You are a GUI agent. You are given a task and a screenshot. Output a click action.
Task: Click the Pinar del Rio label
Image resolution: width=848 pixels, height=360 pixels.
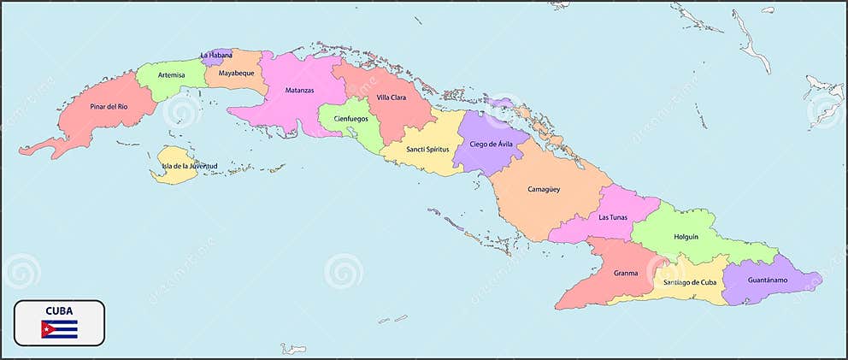point(109,107)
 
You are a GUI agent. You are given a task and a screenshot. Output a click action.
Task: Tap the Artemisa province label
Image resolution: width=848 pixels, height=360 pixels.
point(171,74)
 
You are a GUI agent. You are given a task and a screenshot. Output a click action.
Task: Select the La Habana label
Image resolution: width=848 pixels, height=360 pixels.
point(215,56)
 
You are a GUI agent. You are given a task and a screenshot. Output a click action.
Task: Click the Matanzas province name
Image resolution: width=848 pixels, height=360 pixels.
point(299,90)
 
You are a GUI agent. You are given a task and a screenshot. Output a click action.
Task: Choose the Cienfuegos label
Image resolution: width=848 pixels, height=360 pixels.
point(350,119)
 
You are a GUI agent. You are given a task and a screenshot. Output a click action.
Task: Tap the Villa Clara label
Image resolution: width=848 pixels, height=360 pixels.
point(392,97)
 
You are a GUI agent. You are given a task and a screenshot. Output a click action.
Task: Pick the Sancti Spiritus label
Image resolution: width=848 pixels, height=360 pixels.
point(427,150)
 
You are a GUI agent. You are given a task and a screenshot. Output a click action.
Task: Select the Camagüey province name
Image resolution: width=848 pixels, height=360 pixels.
point(544,189)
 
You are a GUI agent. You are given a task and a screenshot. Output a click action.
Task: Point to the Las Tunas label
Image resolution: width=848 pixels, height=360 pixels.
point(613,217)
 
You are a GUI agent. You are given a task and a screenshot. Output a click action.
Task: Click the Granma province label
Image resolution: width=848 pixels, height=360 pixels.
point(626,274)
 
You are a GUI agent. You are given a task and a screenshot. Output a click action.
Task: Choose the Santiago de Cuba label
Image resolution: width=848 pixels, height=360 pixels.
point(690,282)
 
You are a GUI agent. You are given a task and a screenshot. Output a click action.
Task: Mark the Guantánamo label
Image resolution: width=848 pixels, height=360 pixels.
point(767,280)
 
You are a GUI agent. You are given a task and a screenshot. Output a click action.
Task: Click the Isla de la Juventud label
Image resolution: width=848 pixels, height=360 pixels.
point(189,165)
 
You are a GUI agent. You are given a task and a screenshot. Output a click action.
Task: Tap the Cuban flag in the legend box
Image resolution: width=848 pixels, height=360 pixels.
point(59,328)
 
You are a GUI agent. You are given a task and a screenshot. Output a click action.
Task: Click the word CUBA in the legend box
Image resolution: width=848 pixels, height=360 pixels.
point(59,310)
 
